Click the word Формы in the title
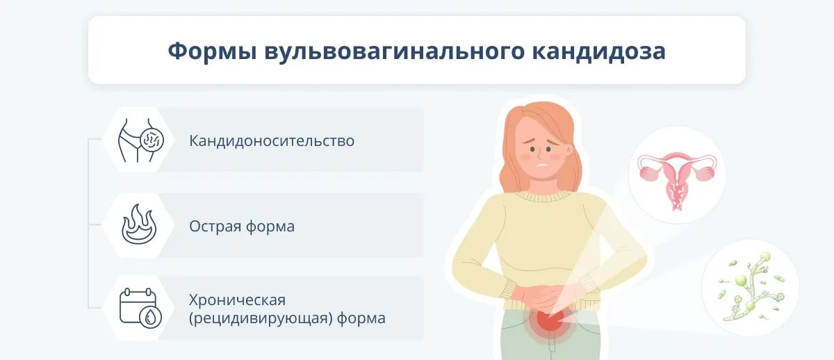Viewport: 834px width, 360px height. (212, 51)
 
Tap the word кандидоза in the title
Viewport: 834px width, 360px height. (598, 51)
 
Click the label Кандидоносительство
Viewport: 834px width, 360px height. (272, 140)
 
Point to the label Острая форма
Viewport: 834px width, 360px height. (242, 226)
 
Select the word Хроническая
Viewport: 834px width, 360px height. (237, 300)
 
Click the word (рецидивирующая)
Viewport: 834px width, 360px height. (261, 318)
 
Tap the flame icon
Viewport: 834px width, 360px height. (139, 224)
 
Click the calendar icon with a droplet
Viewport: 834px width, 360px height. (140, 308)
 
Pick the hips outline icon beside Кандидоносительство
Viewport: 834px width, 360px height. (140, 140)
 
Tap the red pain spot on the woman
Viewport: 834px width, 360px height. (550, 321)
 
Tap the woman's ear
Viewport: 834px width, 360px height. (569, 150)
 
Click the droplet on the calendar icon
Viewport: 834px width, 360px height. (150, 317)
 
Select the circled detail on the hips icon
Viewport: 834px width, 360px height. (152, 140)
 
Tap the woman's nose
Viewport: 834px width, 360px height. (540, 155)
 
